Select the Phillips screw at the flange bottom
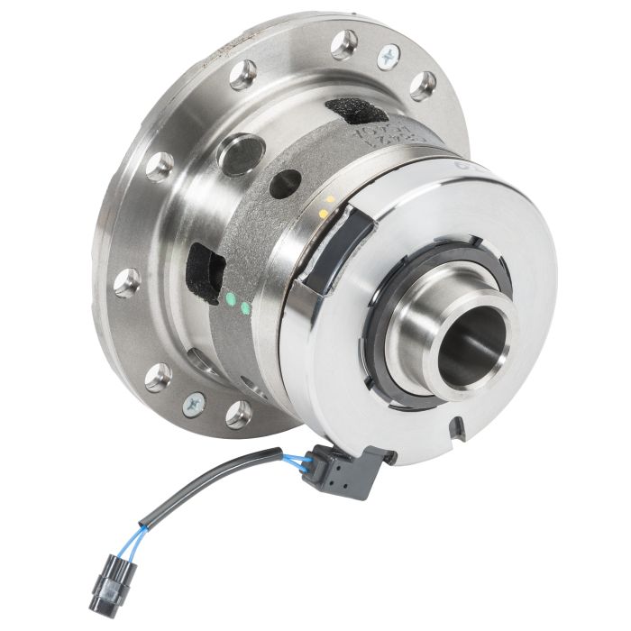(x=193, y=404)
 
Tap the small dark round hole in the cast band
(x=286, y=184)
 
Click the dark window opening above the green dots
(x=205, y=270)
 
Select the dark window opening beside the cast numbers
(x=355, y=112)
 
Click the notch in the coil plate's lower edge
(x=459, y=424)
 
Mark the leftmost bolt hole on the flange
(x=126, y=282)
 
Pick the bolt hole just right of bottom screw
(x=238, y=414)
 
